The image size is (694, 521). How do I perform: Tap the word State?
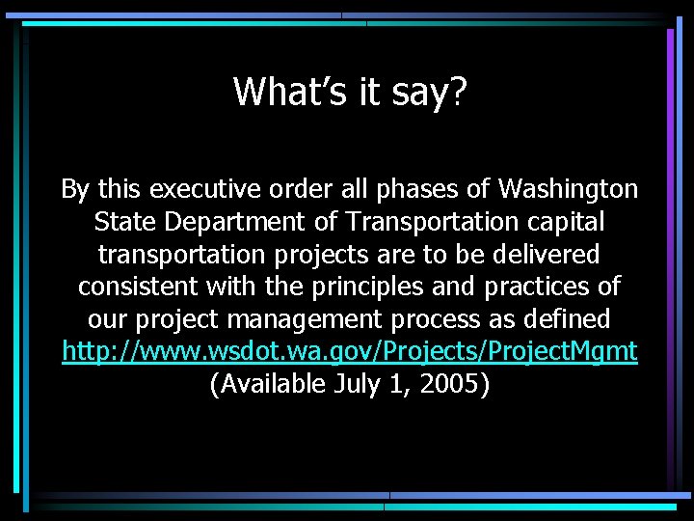coord(126,222)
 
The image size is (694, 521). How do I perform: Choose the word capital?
coord(564,223)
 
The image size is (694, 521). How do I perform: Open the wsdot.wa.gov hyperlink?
coord(349,352)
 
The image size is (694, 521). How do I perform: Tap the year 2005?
coord(451,385)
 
